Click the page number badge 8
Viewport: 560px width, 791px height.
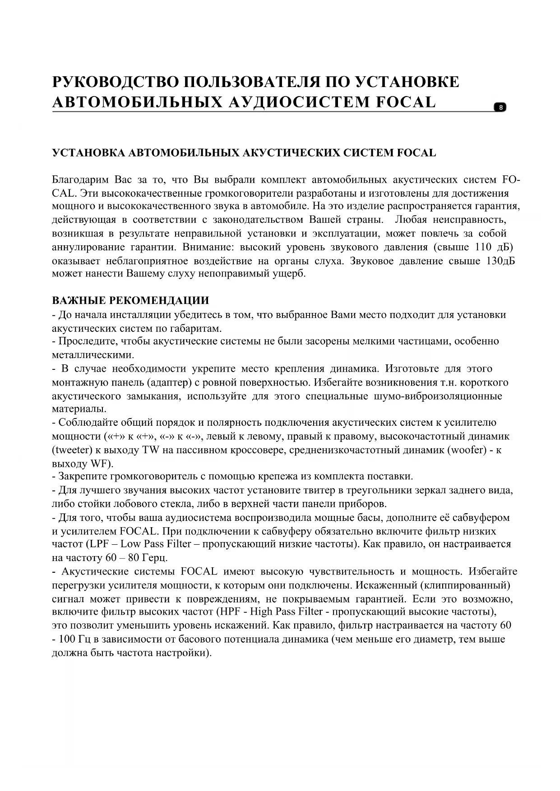pos(500,107)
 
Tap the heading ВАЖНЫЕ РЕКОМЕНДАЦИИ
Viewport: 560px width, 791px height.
pos(130,301)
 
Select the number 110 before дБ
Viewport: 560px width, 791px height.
pos(484,247)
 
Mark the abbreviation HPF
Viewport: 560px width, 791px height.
pos(231,612)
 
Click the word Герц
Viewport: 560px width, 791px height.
pos(155,558)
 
